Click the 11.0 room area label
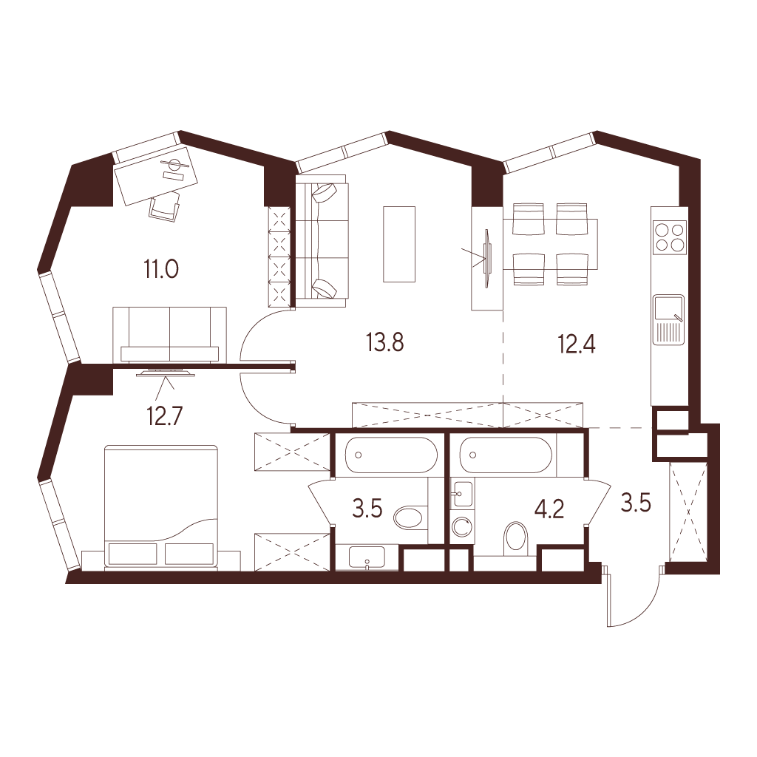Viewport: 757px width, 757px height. [x=161, y=269]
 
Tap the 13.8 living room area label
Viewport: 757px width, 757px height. [x=384, y=342]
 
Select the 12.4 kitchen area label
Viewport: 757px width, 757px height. [x=577, y=344]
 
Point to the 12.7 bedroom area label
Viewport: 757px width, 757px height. [x=165, y=416]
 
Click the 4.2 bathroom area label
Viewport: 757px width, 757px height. [x=550, y=509]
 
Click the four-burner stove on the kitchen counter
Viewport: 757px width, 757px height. [x=669, y=237]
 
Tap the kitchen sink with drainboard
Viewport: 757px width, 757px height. [x=668, y=319]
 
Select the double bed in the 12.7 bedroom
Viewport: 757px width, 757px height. [x=161, y=507]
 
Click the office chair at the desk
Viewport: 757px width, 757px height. [x=165, y=207]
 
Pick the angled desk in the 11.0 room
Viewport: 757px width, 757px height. [x=155, y=175]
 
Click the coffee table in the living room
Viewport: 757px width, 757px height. [x=399, y=244]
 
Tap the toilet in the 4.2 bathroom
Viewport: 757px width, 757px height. [x=516, y=537]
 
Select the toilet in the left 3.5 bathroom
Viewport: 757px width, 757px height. [x=410, y=518]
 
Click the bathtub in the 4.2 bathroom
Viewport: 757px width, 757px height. [x=506, y=455]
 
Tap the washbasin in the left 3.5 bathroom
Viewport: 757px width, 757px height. [x=367, y=558]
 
